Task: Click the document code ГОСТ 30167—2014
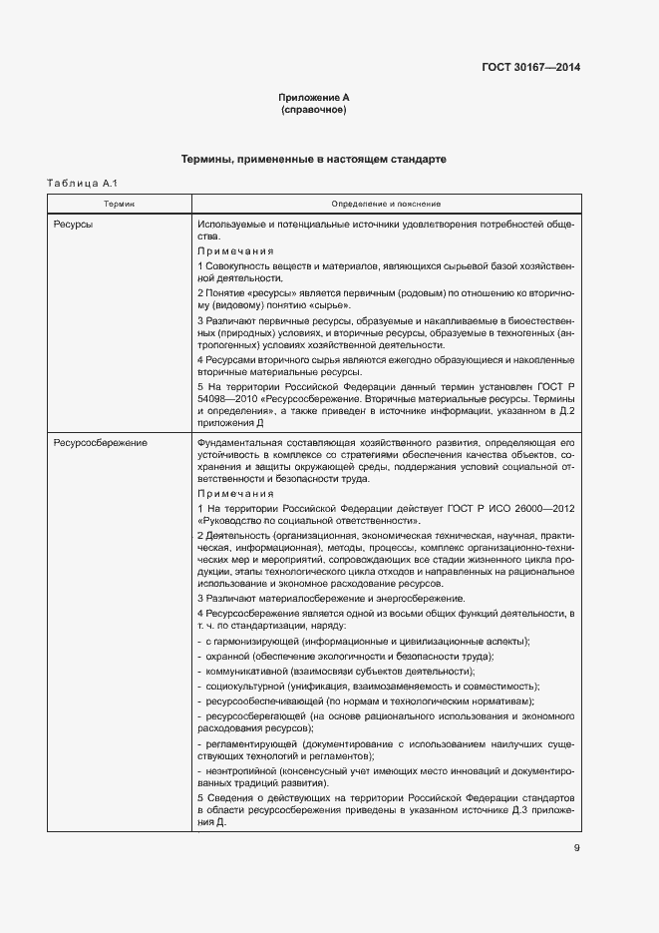click(x=530, y=68)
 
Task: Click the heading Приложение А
click(x=313, y=98)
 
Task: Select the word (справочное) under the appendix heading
click(x=313, y=110)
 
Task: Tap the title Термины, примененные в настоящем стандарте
click(x=313, y=160)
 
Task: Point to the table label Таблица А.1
click(x=83, y=183)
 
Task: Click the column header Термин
click(x=119, y=203)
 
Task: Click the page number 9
click(x=576, y=849)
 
